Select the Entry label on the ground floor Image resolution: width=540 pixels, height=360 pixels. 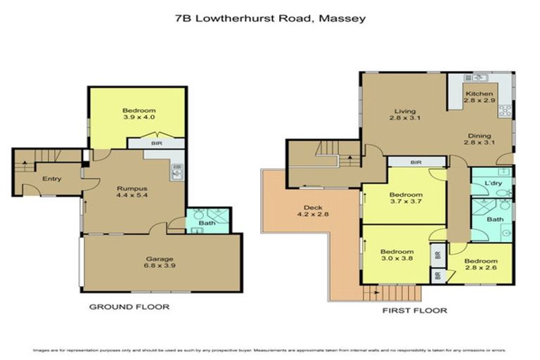point(51,179)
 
